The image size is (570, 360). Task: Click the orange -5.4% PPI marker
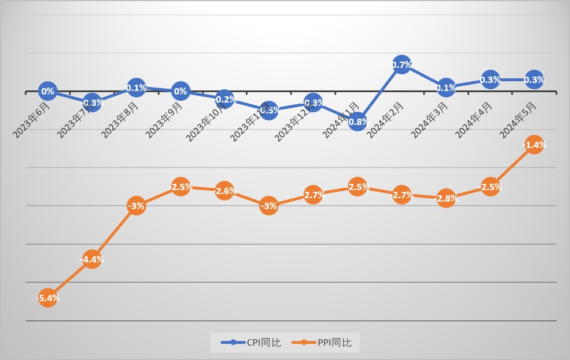point(48,298)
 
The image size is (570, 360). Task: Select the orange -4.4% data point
point(92,259)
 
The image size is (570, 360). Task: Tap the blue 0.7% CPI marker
point(401,65)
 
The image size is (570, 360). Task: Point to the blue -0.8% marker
point(357,122)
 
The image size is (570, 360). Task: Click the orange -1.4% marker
point(534,145)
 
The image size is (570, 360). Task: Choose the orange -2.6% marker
point(225,191)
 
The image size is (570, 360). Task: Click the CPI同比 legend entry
point(252,343)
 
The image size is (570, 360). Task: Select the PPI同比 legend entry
point(326,343)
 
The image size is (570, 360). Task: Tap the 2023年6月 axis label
point(32,120)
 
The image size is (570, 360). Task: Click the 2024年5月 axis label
point(519,120)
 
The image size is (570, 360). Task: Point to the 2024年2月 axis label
point(386,120)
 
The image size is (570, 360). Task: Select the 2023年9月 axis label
point(165,120)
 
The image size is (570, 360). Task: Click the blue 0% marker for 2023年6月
point(48,91)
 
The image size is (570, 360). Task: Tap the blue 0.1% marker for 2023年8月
point(136,88)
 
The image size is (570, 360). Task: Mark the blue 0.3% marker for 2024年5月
point(534,80)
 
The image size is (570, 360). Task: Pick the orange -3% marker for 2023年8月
point(136,206)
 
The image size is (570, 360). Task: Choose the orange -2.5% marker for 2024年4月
point(490,187)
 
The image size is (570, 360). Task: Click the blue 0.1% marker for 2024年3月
point(446,88)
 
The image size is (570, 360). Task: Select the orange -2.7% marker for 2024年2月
point(401,195)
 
